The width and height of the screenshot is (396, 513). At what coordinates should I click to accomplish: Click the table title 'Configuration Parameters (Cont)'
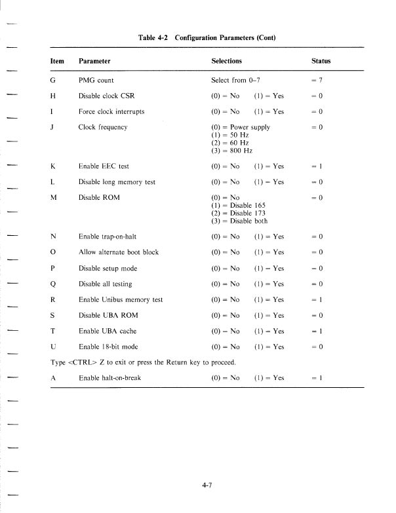(x=225, y=37)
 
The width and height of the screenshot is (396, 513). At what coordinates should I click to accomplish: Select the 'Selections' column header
(x=227, y=61)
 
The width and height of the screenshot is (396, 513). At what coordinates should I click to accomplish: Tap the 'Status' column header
(x=321, y=61)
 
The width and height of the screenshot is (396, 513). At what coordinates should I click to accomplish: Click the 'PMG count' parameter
(x=95, y=80)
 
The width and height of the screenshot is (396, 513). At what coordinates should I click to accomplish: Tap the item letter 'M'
(x=53, y=197)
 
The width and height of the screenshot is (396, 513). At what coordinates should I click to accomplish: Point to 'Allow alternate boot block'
(x=118, y=252)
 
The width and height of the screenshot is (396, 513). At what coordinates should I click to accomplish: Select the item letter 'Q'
(x=53, y=284)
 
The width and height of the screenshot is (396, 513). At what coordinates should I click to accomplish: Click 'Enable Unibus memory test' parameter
(x=120, y=299)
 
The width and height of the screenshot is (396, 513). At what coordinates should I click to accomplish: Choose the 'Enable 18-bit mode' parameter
(x=108, y=347)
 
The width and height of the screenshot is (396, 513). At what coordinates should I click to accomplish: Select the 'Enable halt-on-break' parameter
(x=109, y=378)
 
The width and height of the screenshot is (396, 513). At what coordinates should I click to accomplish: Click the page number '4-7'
(x=209, y=485)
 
